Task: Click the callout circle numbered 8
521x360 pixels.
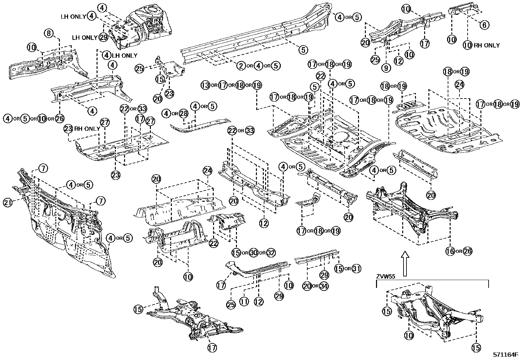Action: (49, 33)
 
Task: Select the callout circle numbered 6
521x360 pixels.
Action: (485, 25)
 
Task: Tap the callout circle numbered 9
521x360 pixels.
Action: (386, 68)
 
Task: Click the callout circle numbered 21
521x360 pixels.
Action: (8, 203)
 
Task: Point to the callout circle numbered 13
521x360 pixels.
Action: (205, 85)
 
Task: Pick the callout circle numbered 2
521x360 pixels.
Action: (241, 66)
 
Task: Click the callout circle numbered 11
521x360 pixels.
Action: (243, 301)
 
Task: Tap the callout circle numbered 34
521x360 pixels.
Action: (323, 286)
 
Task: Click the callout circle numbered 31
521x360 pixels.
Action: (356, 269)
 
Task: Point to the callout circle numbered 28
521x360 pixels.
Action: (184, 114)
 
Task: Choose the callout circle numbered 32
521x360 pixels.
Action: (271, 253)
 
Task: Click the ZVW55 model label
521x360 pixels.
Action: (386, 276)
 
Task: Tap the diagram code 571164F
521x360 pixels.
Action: (506, 354)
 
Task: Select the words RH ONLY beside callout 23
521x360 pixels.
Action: (87, 129)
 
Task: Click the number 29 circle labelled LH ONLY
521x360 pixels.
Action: (103, 37)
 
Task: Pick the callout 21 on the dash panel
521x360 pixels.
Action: (8, 203)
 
